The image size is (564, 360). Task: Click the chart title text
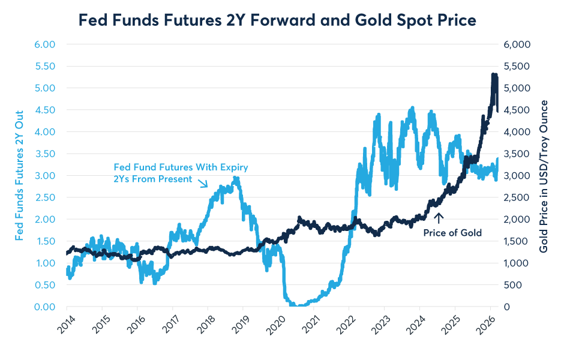(277, 20)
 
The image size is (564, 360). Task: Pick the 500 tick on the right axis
(515, 285)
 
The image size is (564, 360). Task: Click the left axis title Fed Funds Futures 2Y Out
(19, 175)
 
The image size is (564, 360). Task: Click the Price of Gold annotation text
(452, 233)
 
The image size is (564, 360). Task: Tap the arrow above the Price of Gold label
(439, 218)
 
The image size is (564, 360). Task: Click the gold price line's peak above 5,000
(493, 75)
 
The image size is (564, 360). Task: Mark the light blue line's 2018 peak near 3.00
(236, 178)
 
